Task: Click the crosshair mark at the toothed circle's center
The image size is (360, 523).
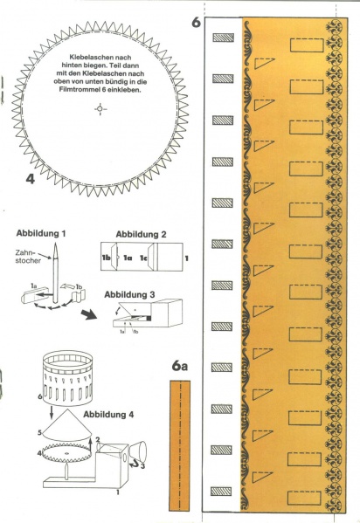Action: click(x=100, y=109)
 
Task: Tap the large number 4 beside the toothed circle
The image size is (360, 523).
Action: click(x=30, y=179)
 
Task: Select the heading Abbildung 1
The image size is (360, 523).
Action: click(x=41, y=233)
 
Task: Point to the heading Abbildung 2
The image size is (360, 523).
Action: click(x=141, y=234)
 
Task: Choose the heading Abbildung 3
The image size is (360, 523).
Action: click(x=129, y=294)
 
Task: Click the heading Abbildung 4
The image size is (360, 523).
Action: click(x=108, y=415)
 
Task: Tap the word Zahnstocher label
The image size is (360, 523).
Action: click(x=28, y=257)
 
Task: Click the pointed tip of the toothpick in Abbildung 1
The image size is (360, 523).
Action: click(x=55, y=244)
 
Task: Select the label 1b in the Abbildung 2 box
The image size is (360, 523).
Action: click(x=107, y=258)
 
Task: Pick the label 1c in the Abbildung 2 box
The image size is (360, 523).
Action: click(x=143, y=258)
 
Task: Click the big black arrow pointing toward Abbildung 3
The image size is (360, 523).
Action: click(x=88, y=314)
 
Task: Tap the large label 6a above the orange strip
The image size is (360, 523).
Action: click(x=180, y=366)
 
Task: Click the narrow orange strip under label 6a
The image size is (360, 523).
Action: click(x=180, y=445)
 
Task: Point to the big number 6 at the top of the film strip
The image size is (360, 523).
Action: click(x=197, y=23)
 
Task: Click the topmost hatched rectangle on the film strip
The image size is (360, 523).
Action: click(x=223, y=38)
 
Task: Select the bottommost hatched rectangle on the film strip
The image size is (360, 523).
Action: click(x=221, y=491)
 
